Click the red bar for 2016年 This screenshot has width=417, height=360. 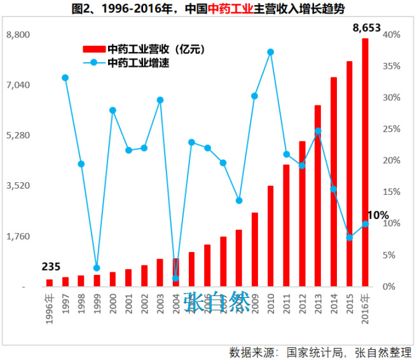[366, 163]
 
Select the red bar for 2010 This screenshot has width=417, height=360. [271, 236]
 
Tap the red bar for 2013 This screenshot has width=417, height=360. [318, 196]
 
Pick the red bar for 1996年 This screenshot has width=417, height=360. [50, 283]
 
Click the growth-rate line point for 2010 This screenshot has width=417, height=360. [271, 52]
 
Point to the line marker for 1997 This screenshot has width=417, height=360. [65, 77]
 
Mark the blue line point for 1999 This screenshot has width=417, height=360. [97, 268]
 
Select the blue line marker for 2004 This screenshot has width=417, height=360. [175, 278]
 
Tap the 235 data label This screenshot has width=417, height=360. [52, 266]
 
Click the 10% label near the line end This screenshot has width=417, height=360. [378, 215]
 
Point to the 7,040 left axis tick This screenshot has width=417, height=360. [18, 85]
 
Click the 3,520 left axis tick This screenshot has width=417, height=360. [18, 186]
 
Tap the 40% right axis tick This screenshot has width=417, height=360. [392, 34]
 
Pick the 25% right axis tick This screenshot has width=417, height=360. [392, 129]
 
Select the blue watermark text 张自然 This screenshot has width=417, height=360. [217, 302]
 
